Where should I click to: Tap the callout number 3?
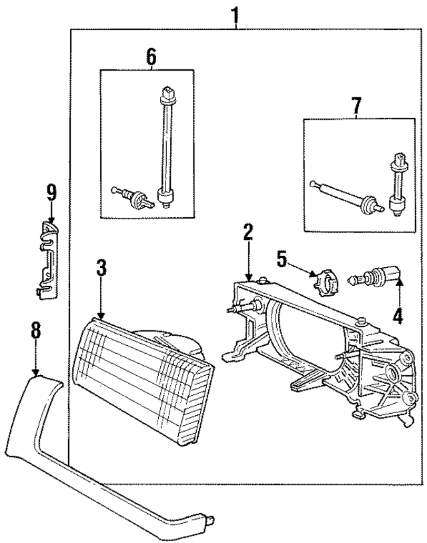click(101, 269)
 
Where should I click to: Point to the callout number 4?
click(398, 315)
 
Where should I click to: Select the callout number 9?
click(51, 193)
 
